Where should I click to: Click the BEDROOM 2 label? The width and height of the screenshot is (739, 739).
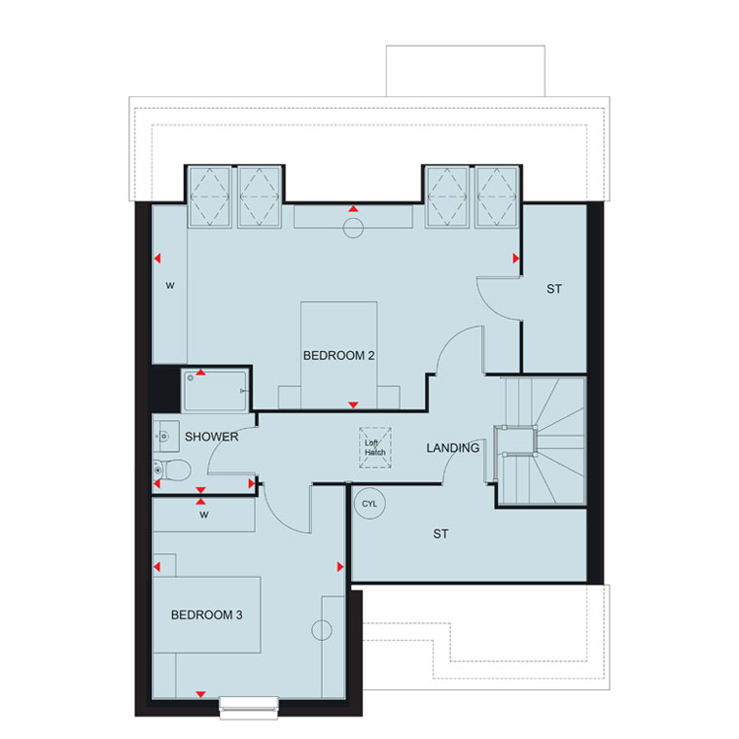pyautogui.click(x=338, y=355)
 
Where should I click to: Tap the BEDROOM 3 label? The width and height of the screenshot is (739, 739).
pyautogui.click(x=206, y=615)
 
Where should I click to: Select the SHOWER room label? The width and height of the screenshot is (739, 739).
pyautogui.click(x=212, y=437)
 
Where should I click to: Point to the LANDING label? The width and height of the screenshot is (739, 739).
pyautogui.click(x=453, y=447)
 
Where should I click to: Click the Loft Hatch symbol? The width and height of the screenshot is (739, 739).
pyautogui.click(x=375, y=447)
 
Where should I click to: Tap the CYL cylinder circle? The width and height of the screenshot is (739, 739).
pyautogui.click(x=369, y=504)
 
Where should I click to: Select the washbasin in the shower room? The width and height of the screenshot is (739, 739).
pyautogui.click(x=165, y=437)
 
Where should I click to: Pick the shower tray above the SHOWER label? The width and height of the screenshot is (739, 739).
pyautogui.click(x=216, y=391)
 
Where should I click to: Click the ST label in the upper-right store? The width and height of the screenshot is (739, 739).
pyautogui.click(x=554, y=289)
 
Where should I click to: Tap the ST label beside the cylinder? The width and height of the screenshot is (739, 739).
pyautogui.click(x=440, y=534)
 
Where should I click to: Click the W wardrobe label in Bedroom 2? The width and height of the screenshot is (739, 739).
pyautogui.click(x=170, y=285)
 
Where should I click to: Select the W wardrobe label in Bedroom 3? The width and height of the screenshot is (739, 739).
pyautogui.click(x=203, y=514)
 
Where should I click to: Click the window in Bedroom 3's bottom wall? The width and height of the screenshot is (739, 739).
pyautogui.click(x=249, y=708)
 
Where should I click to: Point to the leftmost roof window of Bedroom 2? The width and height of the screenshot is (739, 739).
pyautogui.click(x=210, y=196)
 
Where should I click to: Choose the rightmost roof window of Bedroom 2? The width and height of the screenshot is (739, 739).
pyautogui.click(x=497, y=196)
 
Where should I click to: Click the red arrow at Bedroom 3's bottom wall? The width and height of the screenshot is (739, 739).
pyautogui.click(x=200, y=694)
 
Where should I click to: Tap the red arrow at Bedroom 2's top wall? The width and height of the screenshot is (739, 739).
pyautogui.click(x=353, y=209)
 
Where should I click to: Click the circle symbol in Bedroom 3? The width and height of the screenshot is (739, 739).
pyautogui.click(x=322, y=630)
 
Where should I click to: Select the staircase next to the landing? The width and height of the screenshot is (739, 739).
pyautogui.click(x=540, y=440)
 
